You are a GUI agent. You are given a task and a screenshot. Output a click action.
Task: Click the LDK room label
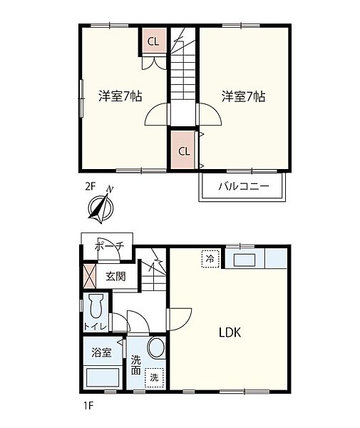230,332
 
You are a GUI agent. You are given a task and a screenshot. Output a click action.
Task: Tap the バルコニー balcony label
242,186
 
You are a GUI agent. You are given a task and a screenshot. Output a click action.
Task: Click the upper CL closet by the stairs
153,41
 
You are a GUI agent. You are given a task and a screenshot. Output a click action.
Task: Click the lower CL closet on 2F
183,151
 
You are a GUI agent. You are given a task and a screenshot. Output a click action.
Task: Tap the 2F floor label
90,187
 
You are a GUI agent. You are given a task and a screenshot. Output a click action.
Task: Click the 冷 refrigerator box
210,258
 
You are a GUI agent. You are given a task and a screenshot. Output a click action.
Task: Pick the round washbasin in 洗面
156,349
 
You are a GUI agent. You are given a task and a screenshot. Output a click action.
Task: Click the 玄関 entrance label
115,276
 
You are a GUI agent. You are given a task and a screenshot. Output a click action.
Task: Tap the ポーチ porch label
110,247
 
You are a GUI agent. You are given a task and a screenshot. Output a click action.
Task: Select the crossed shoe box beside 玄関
90,276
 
